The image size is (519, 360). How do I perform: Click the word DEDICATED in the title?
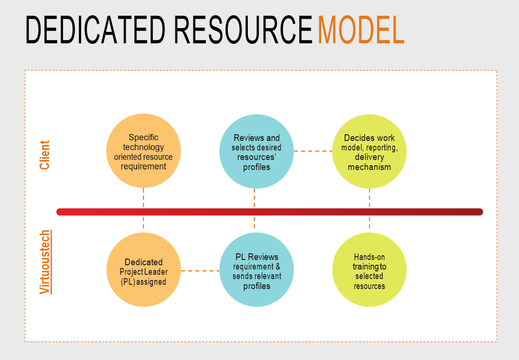95,30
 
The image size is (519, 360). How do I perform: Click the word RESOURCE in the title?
243,30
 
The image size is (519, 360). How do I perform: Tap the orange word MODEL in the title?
361,30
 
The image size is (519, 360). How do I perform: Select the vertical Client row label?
44,155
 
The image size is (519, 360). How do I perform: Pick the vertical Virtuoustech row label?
45,262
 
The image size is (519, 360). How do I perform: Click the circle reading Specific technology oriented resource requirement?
143,151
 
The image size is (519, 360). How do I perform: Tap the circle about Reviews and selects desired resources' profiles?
256,151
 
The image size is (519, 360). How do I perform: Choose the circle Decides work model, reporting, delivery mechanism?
369,151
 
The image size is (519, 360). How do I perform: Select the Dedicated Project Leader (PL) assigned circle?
143,270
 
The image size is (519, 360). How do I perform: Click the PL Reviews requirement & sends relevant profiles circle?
256,270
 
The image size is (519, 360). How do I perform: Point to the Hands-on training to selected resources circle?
369,270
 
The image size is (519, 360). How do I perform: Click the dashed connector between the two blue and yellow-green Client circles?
313,151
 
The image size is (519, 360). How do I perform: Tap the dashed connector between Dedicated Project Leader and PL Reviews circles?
200,271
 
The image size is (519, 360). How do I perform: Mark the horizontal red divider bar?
270,212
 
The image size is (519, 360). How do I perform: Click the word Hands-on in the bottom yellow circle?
369,257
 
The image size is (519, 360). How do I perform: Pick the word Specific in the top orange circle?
143,137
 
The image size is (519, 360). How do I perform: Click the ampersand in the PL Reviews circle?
278,267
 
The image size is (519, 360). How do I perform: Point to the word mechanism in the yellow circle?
369,167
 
